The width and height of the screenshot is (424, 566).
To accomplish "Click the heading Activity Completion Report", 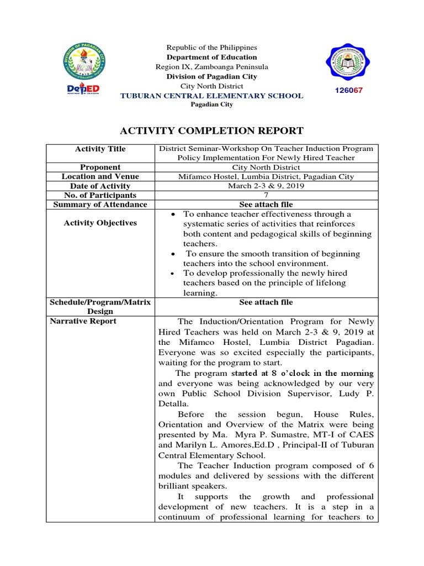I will [x=212, y=131].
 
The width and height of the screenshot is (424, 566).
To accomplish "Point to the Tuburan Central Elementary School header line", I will [x=212, y=96].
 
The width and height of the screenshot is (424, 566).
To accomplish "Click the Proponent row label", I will [x=100, y=167].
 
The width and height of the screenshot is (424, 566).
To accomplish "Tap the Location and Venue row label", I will [x=100, y=176].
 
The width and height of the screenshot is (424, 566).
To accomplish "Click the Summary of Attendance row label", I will [x=100, y=205].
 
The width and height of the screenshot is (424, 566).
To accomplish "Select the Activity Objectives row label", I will [x=100, y=223].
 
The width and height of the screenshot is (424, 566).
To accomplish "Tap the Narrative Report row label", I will [x=83, y=321].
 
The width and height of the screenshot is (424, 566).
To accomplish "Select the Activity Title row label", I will [x=100, y=149].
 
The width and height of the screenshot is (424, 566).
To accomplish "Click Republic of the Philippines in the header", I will [x=212, y=48].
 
